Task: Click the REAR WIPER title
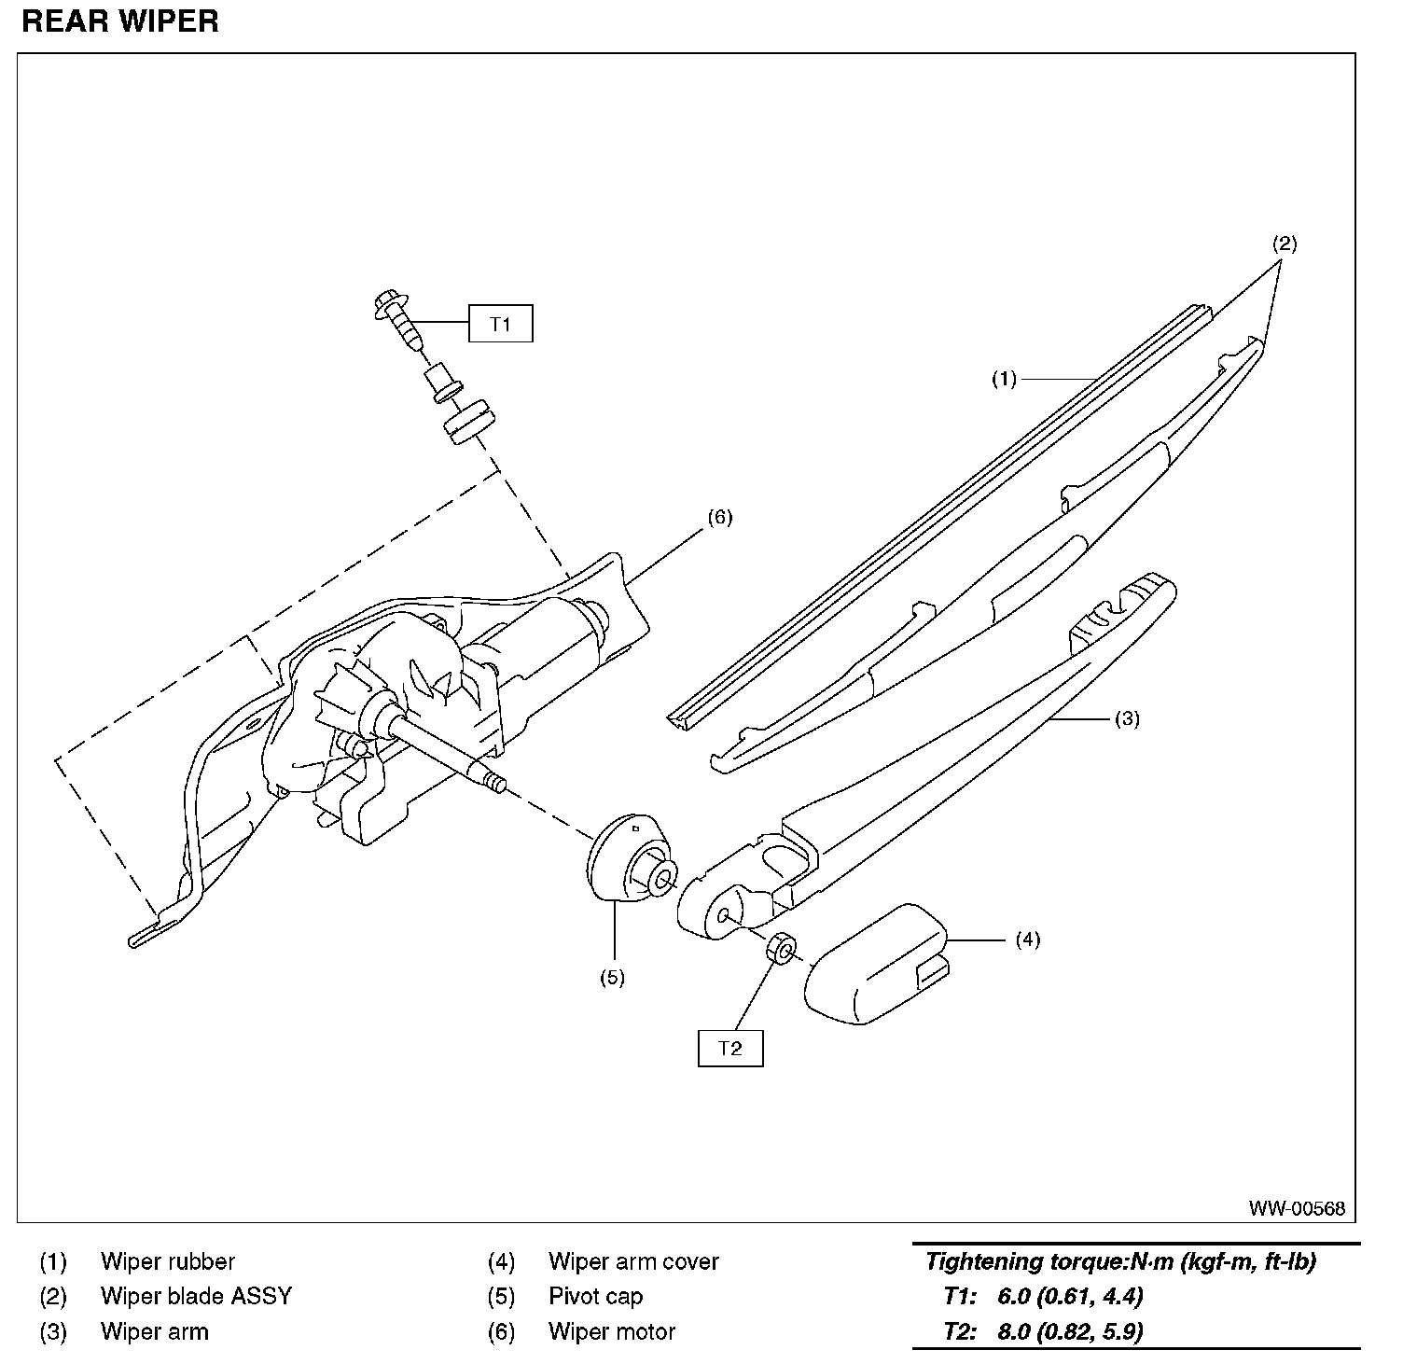coord(120,21)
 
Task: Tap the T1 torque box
coord(501,324)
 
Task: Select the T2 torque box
coord(730,1048)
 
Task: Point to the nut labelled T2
coord(782,950)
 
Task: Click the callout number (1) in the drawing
coord(1004,379)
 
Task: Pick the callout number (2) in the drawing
coord(1285,244)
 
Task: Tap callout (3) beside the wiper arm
coord(1127,718)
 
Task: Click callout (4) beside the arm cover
coord(1027,939)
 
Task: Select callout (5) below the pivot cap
coord(612,978)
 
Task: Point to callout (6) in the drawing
coord(719,518)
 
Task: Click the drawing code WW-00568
coord(1297,1208)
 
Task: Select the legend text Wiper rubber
coord(168,1261)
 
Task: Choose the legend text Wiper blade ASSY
coord(196,1296)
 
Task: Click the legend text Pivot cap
coord(595,1296)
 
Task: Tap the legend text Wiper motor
coord(611,1331)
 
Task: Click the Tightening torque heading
coord(1120,1262)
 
